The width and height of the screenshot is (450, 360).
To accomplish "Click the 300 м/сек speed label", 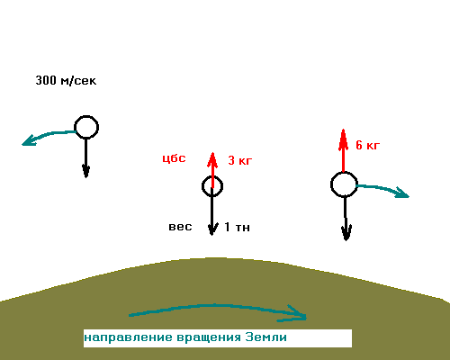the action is point(66,80).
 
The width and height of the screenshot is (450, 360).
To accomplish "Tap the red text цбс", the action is point(174,158).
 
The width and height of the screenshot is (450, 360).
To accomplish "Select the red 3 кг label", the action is point(240,160).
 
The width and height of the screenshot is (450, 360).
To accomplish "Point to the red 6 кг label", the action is point(368,145).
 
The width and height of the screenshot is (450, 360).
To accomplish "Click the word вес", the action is point(180,227).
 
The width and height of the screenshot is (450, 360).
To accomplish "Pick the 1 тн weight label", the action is point(237,227).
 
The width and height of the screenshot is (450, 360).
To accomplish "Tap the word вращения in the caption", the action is point(209,337).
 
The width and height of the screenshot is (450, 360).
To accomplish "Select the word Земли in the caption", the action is point(266,337).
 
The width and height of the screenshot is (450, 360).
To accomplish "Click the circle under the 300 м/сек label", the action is point(86,117).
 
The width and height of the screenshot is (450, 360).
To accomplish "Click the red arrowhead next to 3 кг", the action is point(212,160).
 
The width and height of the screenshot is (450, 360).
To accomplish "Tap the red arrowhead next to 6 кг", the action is point(343,139).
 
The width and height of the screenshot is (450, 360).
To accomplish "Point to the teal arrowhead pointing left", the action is point(29,141).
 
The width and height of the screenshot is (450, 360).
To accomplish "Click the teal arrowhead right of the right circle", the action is point(402,193).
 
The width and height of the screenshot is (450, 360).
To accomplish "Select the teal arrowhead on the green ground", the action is point(294,314).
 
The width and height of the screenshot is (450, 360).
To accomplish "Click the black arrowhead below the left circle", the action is point(86,171).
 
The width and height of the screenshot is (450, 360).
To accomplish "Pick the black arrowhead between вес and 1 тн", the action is point(212,229).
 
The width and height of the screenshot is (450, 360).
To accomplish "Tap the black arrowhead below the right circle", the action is point(346,233).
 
